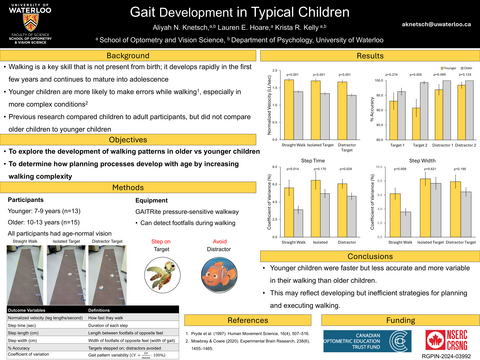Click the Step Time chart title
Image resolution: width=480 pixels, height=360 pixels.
(x=310, y=160)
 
